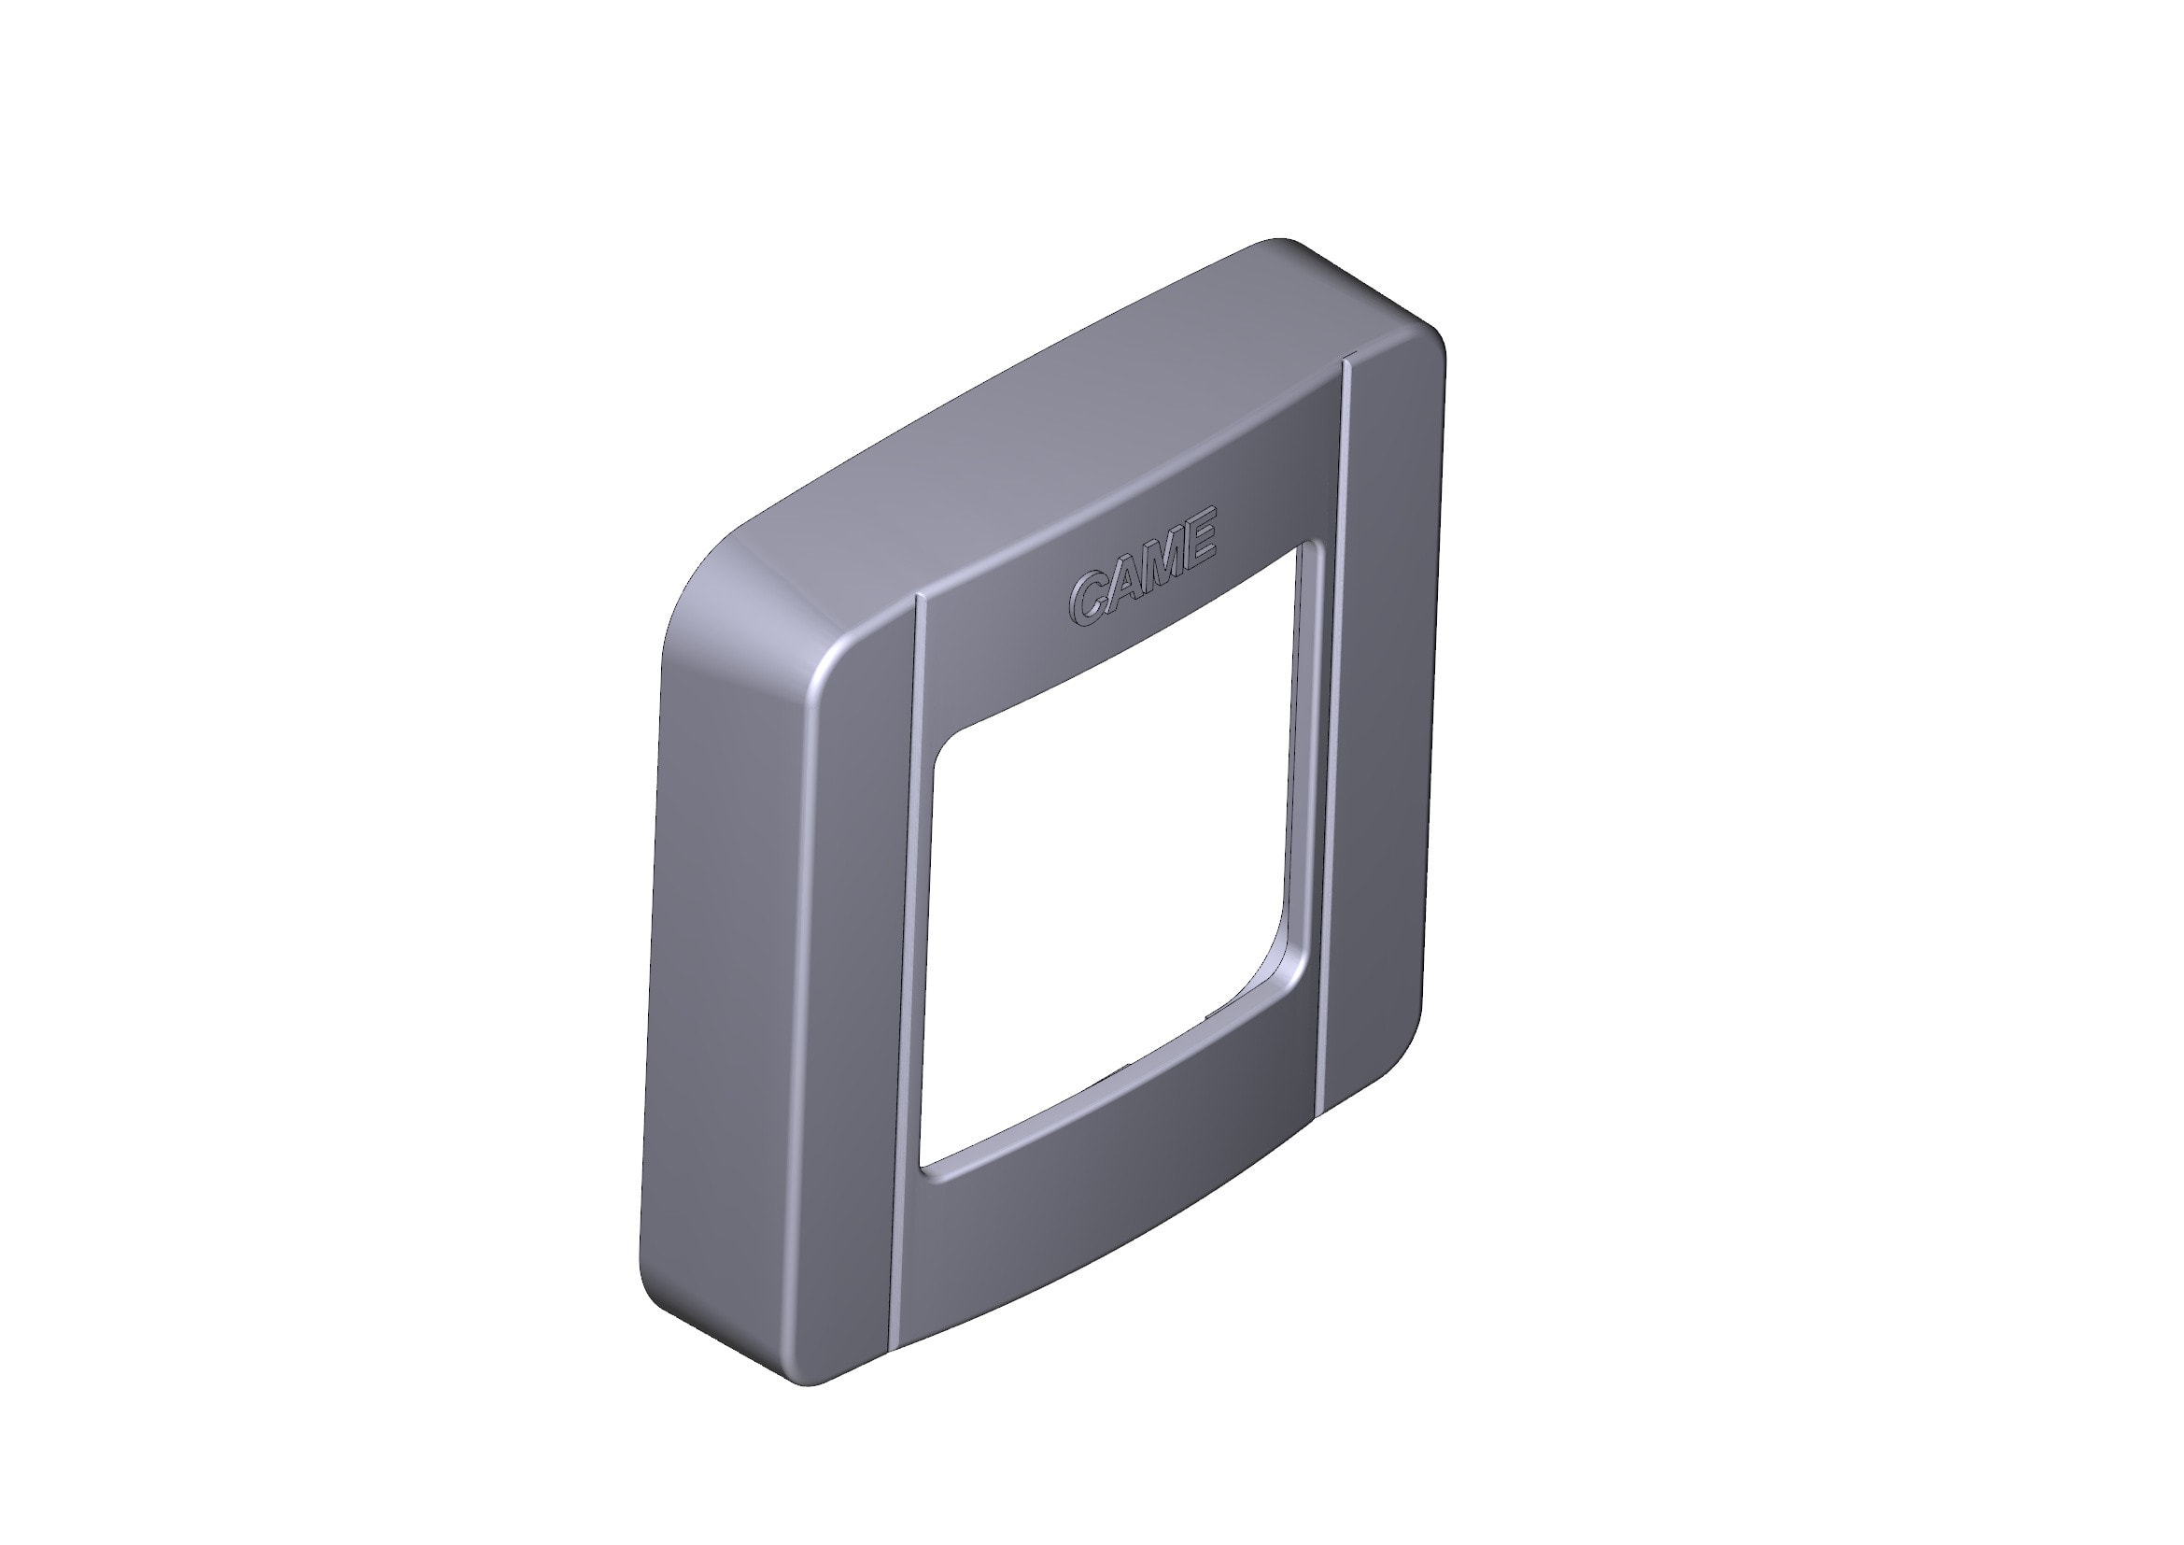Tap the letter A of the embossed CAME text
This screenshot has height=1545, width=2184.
pyautogui.click(x=1123, y=583)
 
